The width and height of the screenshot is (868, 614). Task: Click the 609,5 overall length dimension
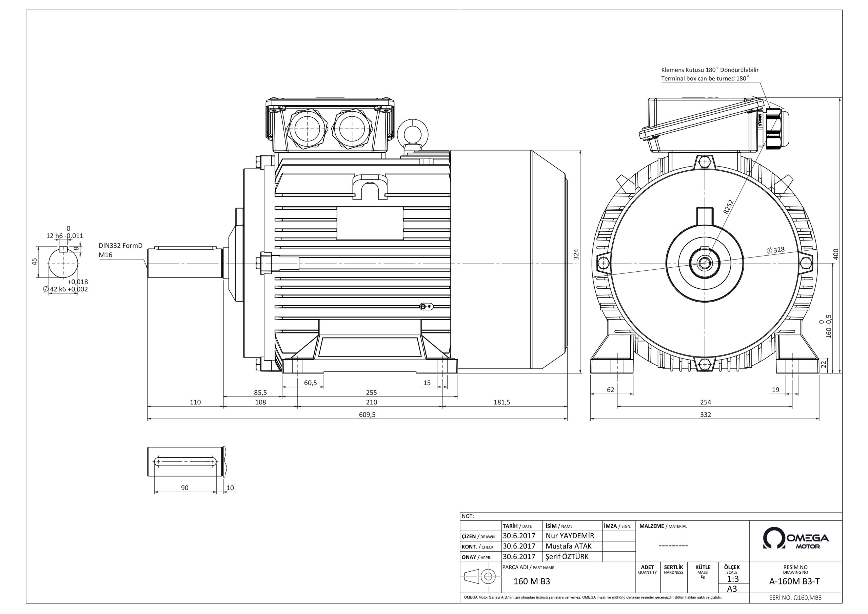click(367, 415)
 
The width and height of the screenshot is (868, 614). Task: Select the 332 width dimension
click(706, 415)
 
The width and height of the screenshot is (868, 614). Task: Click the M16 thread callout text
click(105, 255)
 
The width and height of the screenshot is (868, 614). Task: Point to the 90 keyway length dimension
click(184, 488)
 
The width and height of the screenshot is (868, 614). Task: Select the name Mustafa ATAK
click(568, 546)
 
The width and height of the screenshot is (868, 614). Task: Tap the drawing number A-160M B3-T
click(795, 582)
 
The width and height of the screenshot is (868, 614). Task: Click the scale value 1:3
click(732, 579)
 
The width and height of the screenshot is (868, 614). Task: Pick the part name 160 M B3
click(532, 581)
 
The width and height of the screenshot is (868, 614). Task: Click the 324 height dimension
click(576, 254)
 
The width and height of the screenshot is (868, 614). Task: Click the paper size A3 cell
click(732, 589)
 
